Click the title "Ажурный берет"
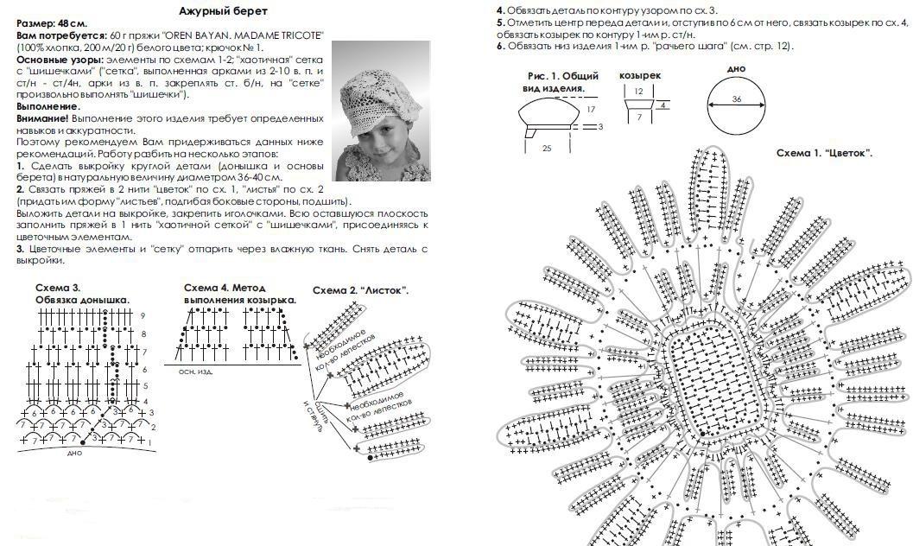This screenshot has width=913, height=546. click(x=223, y=11)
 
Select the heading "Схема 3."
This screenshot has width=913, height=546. click(x=58, y=288)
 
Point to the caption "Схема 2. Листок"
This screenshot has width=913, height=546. click(x=360, y=290)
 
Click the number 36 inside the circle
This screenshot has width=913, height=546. click(x=736, y=99)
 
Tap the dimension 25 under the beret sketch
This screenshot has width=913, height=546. click(x=547, y=149)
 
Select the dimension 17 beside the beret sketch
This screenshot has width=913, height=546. click(x=591, y=110)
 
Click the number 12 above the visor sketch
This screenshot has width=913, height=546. click(x=638, y=91)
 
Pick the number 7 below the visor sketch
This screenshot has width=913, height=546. click(x=638, y=117)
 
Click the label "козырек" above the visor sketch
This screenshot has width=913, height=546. click(x=640, y=76)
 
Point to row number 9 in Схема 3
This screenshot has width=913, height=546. click(x=143, y=316)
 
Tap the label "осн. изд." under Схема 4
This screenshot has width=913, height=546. click(x=195, y=371)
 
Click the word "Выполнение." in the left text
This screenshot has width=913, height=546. click(x=48, y=106)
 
